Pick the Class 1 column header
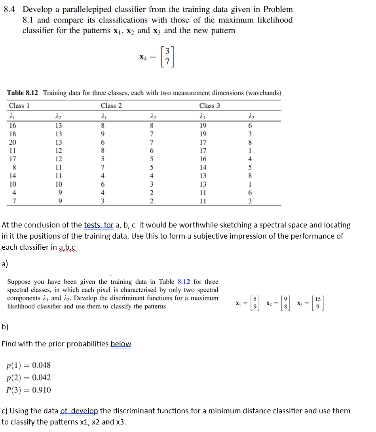click(x=19, y=105)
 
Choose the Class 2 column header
click(x=111, y=105)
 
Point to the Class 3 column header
click(x=210, y=105)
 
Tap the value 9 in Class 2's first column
click(x=103, y=134)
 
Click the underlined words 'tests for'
click(x=99, y=225)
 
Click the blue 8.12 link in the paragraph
click(x=184, y=282)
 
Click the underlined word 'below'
click(x=121, y=344)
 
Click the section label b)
click(x=5, y=327)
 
